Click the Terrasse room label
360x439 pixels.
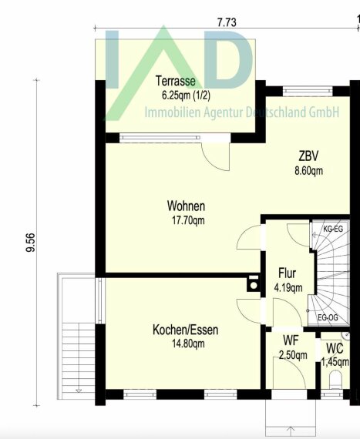point(176,81)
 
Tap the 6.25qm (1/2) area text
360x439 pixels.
point(186,96)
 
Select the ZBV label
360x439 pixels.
point(308,156)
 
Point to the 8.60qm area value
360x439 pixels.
point(308,171)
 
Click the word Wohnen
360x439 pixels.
point(186,206)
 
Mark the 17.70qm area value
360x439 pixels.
point(188,220)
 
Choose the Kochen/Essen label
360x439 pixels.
point(186,330)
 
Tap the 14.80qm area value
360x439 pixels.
point(188,343)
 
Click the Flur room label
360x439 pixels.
point(288,273)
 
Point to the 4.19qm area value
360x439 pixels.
point(288,287)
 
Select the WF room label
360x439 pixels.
point(291,340)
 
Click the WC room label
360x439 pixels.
point(335,349)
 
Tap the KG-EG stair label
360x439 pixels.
point(333,229)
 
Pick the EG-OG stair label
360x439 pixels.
point(328,318)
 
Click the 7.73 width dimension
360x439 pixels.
point(227,22)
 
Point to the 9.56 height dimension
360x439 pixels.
point(31,243)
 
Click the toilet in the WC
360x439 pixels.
point(335,380)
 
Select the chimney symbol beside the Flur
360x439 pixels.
point(254,283)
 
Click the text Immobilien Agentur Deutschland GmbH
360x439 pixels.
point(242,112)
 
